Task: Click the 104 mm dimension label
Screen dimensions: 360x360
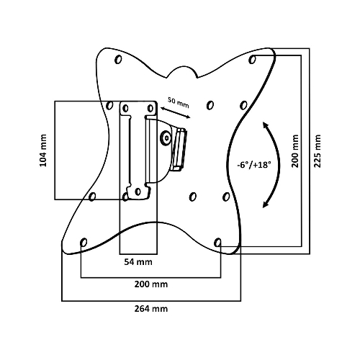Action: (x=43, y=150)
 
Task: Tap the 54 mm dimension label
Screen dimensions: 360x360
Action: (x=138, y=262)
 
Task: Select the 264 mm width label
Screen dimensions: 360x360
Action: (x=151, y=309)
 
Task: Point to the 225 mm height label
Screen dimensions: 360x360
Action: (x=318, y=151)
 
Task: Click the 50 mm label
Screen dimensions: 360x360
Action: (x=179, y=102)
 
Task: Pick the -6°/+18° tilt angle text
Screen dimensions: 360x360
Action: (x=254, y=165)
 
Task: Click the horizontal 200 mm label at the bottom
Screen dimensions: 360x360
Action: (x=151, y=284)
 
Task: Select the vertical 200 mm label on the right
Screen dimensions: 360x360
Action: (x=295, y=151)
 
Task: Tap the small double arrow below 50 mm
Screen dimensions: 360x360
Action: (x=175, y=113)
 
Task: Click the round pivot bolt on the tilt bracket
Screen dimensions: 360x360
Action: (x=166, y=138)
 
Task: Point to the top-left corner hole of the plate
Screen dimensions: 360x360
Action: (x=118, y=59)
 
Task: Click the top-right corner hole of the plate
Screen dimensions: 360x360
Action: (x=252, y=59)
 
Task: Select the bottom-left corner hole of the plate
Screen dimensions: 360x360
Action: (x=84, y=243)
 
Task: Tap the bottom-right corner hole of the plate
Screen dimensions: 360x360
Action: (x=217, y=243)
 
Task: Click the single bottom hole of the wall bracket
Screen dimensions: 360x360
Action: (x=138, y=192)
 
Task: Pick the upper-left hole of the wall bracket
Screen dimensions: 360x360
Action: (x=125, y=109)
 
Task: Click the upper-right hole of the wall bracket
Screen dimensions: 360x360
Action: (x=150, y=109)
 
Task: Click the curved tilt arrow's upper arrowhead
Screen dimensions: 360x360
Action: (x=265, y=125)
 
